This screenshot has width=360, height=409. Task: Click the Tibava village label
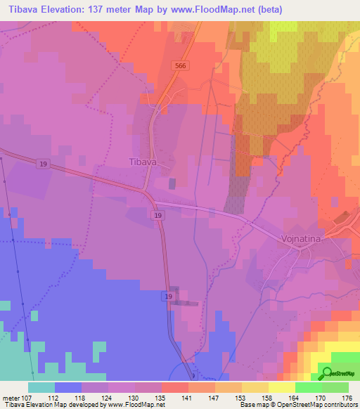tap(143, 162)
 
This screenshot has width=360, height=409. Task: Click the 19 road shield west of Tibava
tap(44, 164)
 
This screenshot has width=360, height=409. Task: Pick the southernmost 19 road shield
tap(169, 297)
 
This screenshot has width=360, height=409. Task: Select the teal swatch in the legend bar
tap(41, 387)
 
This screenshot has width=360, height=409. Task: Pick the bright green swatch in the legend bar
tap(308, 387)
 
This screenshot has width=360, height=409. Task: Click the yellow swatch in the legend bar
tap(281, 387)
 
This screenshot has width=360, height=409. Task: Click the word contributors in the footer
tap(339, 405)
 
